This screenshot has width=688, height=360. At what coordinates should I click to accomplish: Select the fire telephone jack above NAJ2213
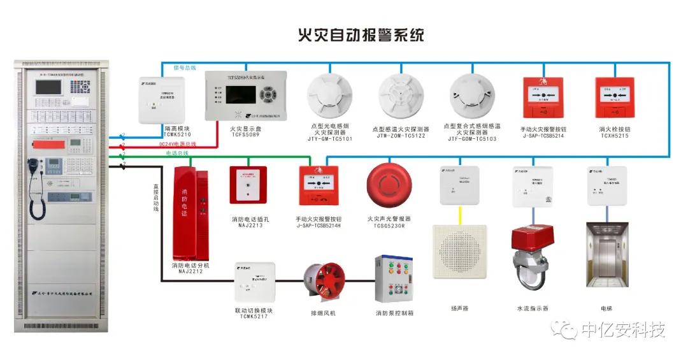point(247,185)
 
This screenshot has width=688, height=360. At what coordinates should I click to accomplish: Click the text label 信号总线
point(185,67)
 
